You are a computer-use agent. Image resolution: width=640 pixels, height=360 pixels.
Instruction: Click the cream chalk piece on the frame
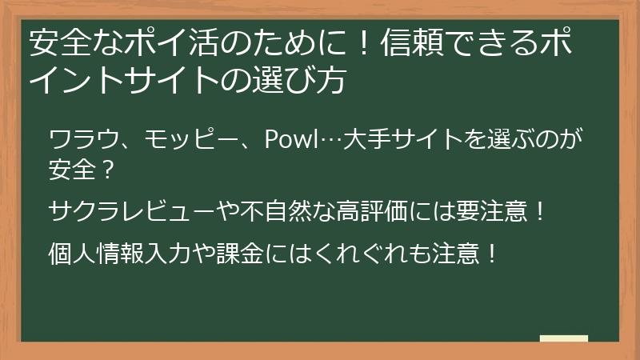point(563,339)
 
